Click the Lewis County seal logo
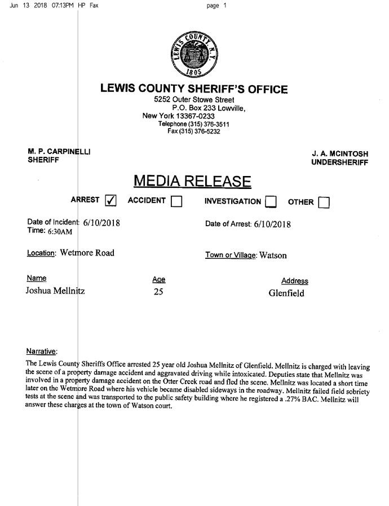click(193, 54)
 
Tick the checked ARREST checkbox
click(111, 201)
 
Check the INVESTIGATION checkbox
click(271, 201)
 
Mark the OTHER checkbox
click(324, 201)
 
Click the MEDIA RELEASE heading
click(192, 182)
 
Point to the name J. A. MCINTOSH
click(339, 153)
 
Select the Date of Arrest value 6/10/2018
click(272, 224)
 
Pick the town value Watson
click(273, 255)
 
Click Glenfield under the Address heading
click(286, 293)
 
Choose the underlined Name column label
click(36, 278)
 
